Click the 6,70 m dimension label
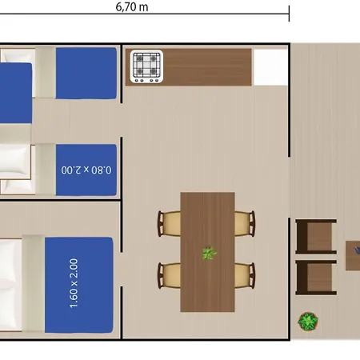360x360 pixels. pos(132,6)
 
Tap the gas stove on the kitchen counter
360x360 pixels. pos(146,66)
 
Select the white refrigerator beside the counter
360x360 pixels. pos(270,67)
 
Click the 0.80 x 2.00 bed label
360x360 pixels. pos(86,170)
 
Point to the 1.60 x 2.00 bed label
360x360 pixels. pos(74,283)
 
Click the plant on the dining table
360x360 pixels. pos(210,253)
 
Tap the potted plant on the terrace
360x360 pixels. pos(308,322)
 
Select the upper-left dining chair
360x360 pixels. pos(169,223)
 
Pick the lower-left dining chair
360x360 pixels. pos(169,275)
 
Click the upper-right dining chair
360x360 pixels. pos(245,223)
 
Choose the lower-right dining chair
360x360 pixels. pos(245,275)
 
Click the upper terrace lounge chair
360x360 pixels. pos(316,237)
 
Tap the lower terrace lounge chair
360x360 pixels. pos(316,278)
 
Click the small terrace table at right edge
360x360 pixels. pos(353,256)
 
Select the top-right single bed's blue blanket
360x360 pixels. pos(86,74)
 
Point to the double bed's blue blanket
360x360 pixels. pos(79,285)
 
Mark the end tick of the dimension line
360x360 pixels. pos(289,14)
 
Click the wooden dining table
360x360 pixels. pos(207,252)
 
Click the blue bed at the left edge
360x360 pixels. pos(16,94)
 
